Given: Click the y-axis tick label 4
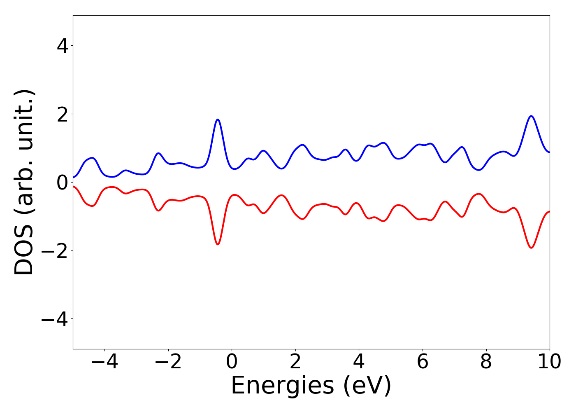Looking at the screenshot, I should point(63,46).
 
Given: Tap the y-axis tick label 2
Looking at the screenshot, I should point(63,114).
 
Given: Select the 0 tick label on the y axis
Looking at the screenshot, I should point(63,183).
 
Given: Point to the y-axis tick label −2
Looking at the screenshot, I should point(55,251).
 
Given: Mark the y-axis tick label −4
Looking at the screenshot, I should point(55,319).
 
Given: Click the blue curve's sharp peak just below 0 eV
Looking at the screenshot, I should point(218,119).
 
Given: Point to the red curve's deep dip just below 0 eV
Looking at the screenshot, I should point(218,244).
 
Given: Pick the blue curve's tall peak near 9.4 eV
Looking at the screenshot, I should point(532,116).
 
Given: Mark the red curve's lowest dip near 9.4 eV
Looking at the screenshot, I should point(532,248).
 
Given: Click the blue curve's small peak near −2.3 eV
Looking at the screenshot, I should point(158,153).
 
